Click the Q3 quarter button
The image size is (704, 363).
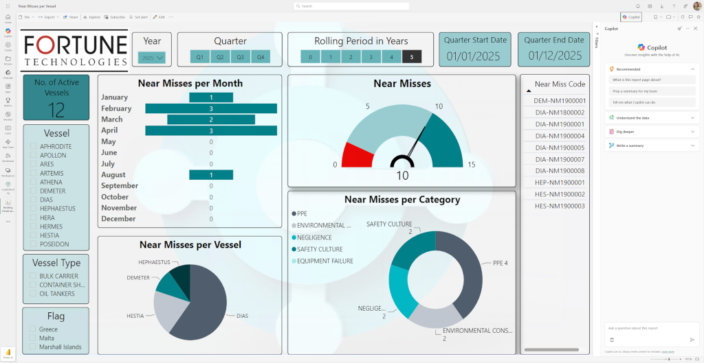241,57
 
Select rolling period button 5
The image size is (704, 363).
412,57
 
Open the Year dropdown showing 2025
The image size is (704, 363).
152,58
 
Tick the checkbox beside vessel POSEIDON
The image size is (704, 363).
33,244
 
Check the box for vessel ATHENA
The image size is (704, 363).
33,182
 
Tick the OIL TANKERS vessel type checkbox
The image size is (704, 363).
33,294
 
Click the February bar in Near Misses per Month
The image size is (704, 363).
211,108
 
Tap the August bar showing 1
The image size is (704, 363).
211,175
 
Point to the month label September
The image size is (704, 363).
120,186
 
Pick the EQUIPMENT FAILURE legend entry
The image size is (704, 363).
324,261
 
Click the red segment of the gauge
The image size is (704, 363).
356,155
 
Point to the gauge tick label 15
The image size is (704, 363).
471,165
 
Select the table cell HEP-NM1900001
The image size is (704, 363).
559,183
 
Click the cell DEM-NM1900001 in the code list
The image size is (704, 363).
559,101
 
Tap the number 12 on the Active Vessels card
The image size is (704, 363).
56,110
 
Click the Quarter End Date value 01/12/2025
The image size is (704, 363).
553,56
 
